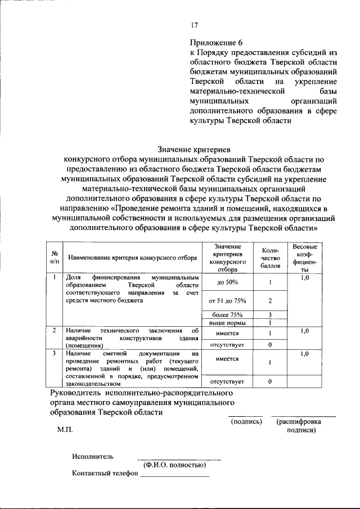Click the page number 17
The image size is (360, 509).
(194, 25)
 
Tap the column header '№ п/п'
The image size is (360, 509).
(55, 258)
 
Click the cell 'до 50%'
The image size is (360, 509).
(228, 282)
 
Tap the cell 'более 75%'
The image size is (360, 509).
(228, 314)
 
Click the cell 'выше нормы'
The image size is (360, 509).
(228, 323)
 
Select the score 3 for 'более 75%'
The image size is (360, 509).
(270, 314)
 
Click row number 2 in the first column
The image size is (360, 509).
(54, 331)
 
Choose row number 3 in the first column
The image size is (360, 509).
(54, 354)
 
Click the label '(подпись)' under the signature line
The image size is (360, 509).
(246, 421)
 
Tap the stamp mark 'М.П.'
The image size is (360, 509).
(65, 430)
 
